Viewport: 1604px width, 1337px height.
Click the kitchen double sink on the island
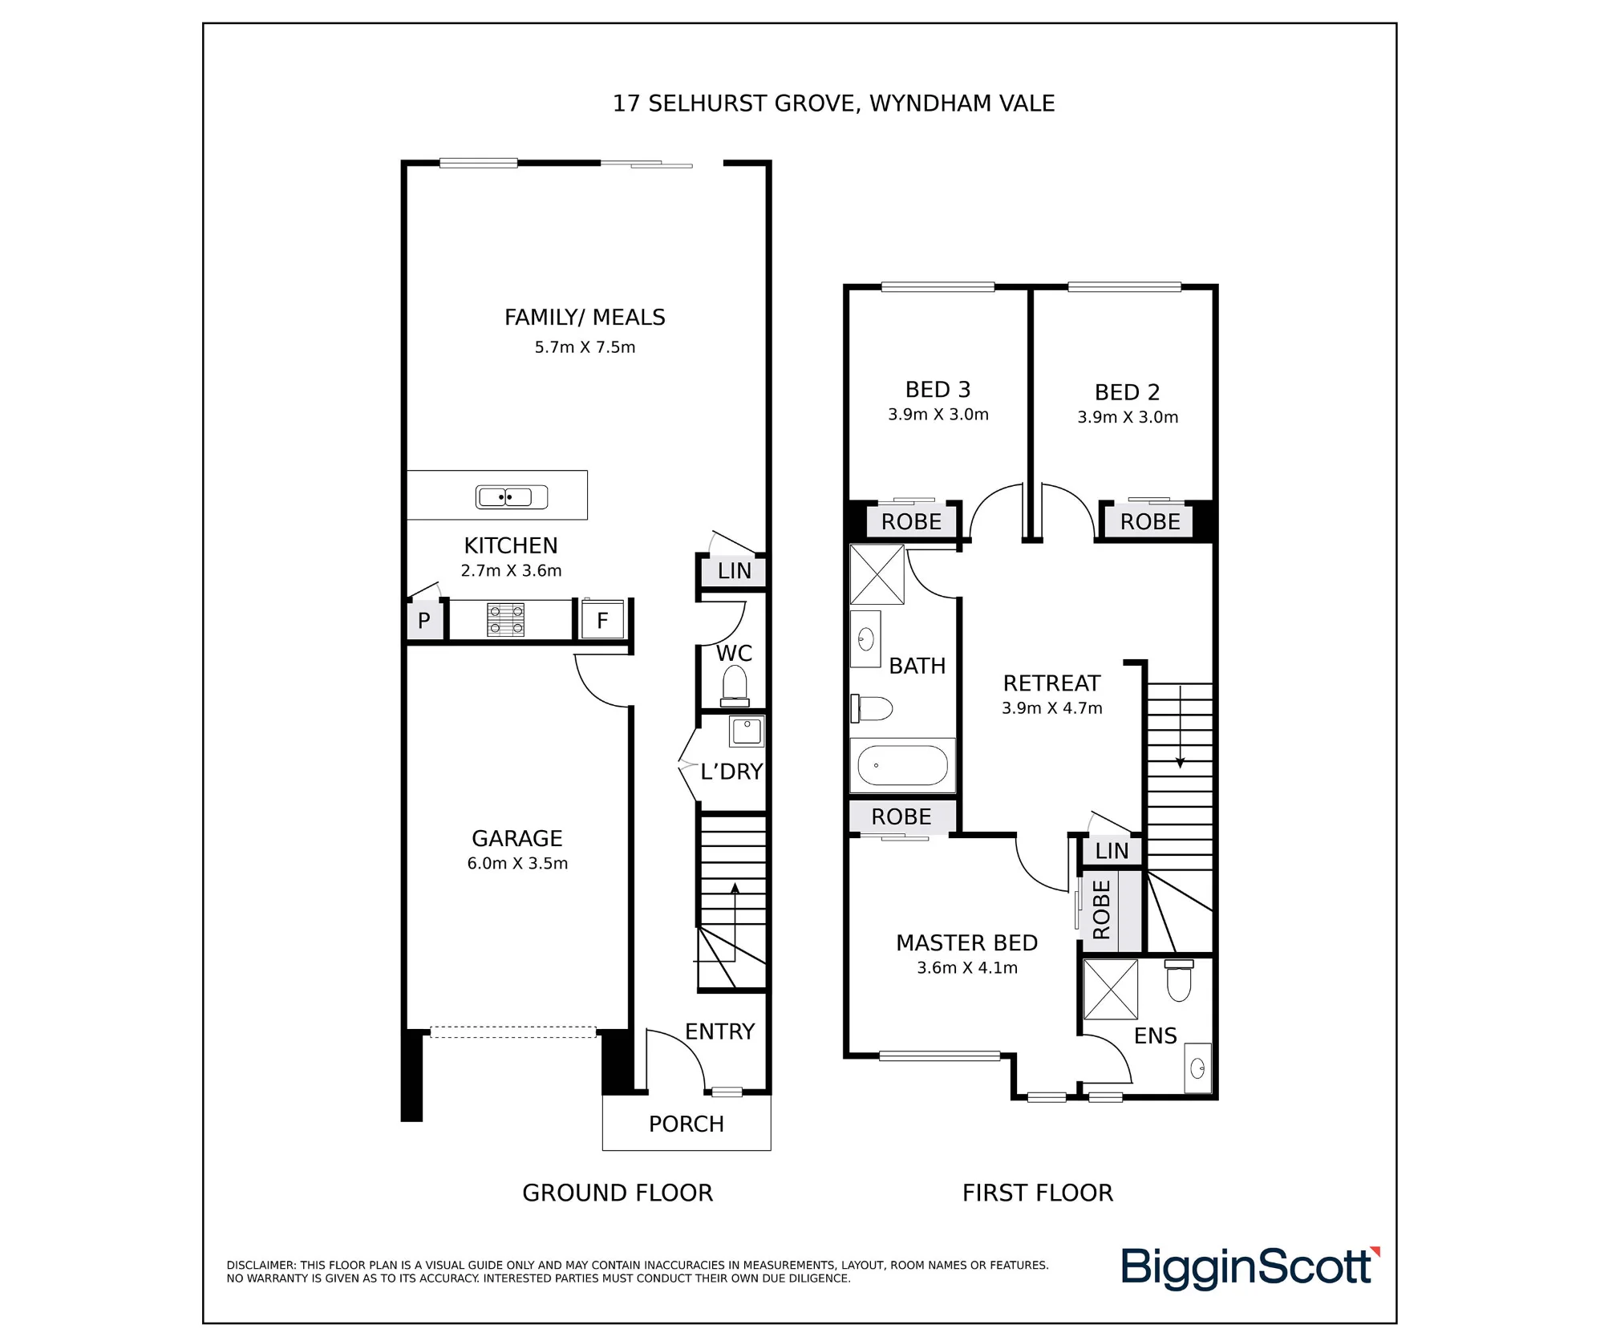(x=512, y=497)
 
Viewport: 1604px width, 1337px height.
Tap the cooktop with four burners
(x=505, y=620)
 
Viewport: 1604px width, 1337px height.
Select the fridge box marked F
(x=602, y=620)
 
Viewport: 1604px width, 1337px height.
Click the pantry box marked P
(x=424, y=620)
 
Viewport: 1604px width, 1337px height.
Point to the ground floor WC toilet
(x=735, y=686)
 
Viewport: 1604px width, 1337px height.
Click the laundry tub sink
(x=746, y=731)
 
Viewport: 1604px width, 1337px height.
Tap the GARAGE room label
(x=517, y=838)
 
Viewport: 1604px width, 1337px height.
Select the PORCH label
(x=687, y=1124)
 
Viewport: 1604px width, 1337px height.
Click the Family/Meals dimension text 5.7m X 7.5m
(x=585, y=347)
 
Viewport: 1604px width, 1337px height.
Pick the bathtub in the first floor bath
(x=902, y=765)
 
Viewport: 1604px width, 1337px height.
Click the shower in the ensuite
(x=1111, y=989)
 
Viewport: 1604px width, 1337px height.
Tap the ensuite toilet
(x=1179, y=980)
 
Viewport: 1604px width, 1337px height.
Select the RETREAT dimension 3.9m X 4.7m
(x=1052, y=708)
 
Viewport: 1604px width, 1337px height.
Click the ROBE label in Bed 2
(x=1150, y=522)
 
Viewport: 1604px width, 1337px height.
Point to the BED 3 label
(x=938, y=390)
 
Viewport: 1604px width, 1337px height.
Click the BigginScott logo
(x=1250, y=1268)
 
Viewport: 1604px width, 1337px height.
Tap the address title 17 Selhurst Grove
(x=834, y=103)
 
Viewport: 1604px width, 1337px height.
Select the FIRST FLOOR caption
(x=1038, y=1193)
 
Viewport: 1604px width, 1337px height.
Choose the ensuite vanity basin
(x=1198, y=1068)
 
